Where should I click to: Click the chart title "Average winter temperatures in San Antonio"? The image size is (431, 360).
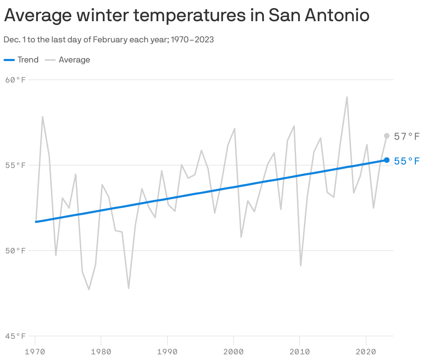coord(187,16)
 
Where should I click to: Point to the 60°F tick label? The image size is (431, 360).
coord(16,80)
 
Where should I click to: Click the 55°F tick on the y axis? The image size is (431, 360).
coord(16,165)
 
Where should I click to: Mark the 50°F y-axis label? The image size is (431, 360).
coord(16,251)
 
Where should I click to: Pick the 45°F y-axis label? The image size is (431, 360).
coord(16,336)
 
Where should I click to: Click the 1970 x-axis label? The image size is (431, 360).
coord(35,352)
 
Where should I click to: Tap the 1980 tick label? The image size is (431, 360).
coord(101,352)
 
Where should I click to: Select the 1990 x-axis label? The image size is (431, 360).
coord(167,352)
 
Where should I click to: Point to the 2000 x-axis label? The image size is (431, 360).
coord(234,352)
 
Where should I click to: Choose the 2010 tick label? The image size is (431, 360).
coord(300,352)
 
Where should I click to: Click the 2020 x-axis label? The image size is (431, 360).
coord(366,352)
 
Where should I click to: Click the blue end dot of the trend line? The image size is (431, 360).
coord(387,160)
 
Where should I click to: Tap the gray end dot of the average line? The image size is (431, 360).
coord(387,136)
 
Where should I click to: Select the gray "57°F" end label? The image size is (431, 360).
coord(407,137)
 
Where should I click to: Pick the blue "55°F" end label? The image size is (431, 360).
coord(407,161)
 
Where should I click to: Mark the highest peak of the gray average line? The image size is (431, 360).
coord(347,97)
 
